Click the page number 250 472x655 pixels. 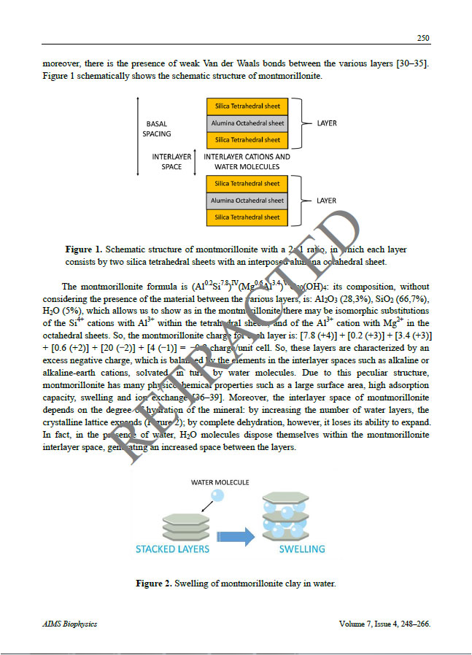pos(422,38)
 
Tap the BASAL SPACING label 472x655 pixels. pos(157,128)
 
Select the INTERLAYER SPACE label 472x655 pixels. pos(171,161)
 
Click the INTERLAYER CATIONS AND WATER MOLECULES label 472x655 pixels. pos(247,161)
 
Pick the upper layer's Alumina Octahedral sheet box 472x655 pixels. pos(247,123)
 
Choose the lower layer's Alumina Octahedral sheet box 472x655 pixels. pos(247,201)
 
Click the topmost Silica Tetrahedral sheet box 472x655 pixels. pos(247,106)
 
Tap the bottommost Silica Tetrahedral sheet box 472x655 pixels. pos(247,217)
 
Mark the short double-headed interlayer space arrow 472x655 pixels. pos(197,161)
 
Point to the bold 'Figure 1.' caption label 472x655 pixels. pos(88,249)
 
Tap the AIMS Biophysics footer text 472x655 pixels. pos(70,624)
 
